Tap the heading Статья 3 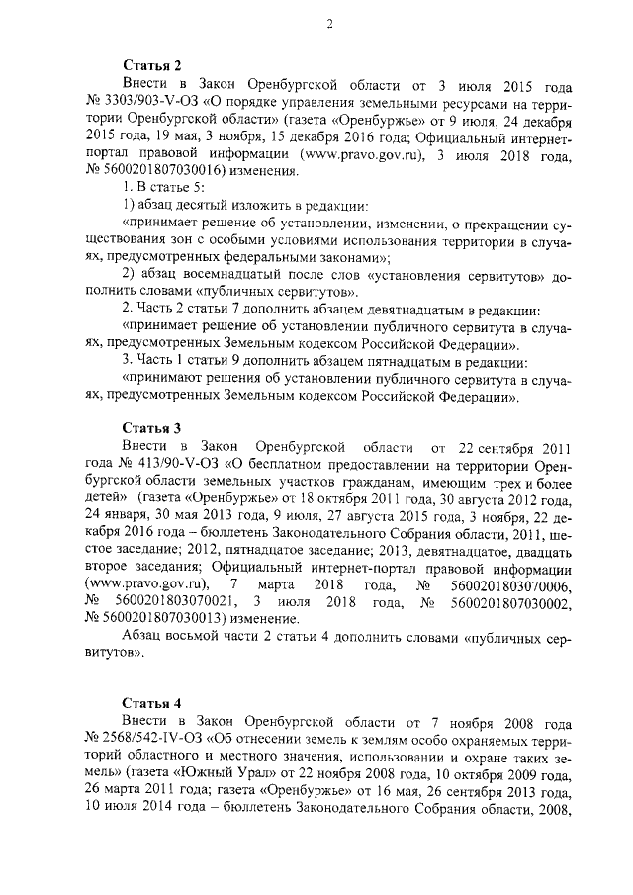pos(152,428)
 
